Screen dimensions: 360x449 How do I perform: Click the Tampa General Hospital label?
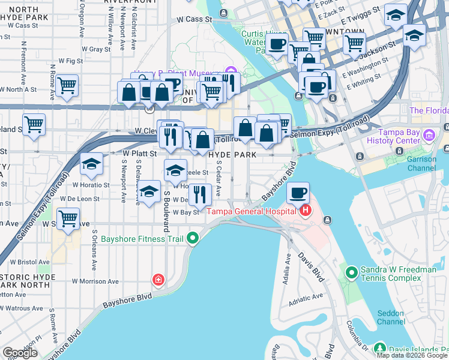[x=252, y=211]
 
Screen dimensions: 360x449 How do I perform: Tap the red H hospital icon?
[x=306, y=211]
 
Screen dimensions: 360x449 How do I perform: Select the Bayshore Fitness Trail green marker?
[x=193, y=239]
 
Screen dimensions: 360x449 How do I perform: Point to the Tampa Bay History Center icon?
[x=429, y=136]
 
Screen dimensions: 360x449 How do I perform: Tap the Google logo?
[x=20, y=353]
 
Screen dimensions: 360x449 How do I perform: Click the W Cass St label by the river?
[x=195, y=19]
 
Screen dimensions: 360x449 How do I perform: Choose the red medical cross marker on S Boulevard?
[x=158, y=280]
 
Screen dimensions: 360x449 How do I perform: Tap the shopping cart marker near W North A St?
[x=67, y=85]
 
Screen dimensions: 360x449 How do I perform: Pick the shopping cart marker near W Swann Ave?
[x=68, y=219]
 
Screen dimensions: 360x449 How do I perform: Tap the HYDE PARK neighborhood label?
[x=232, y=155]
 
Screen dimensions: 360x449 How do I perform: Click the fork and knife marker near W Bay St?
[x=200, y=194]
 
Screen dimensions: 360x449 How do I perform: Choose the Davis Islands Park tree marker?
[x=379, y=348]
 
